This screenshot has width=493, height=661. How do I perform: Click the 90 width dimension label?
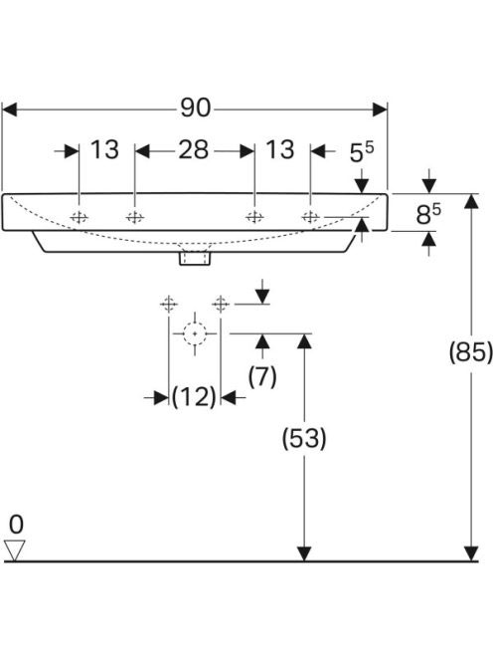[x=196, y=108]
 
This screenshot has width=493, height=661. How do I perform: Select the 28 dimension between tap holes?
[x=193, y=149]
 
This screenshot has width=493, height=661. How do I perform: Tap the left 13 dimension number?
[x=104, y=149]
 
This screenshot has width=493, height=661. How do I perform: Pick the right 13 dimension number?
[x=280, y=149]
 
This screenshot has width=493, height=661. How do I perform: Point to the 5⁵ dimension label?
[x=362, y=152]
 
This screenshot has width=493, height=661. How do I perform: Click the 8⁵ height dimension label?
[x=428, y=214]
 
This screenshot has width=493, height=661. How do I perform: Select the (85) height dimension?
[x=470, y=352]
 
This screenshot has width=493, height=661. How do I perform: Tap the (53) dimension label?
[x=304, y=438]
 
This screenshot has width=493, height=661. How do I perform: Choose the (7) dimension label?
[x=262, y=377]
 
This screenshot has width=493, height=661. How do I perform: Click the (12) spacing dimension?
[x=194, y=397]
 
